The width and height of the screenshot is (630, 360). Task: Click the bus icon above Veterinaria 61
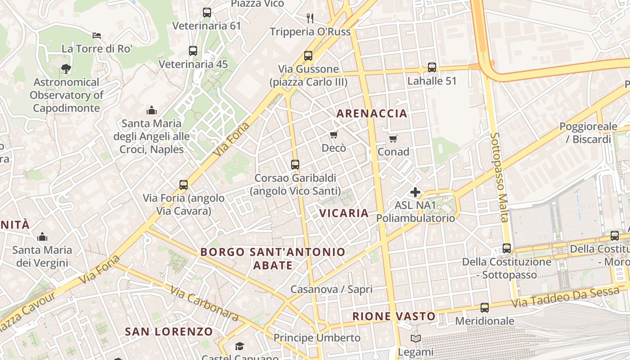(207, 13)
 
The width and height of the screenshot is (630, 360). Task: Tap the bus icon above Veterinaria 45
(193, 51)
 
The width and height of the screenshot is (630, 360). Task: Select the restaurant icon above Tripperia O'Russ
(310, 18)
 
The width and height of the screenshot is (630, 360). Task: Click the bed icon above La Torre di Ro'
(97, 36)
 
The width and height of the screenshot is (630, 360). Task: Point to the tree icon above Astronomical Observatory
(66, 69)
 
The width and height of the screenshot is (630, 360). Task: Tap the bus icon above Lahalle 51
(432, 67)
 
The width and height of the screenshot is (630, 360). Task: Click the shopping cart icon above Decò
(334, 135)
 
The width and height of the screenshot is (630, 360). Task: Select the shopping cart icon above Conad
(393, 139)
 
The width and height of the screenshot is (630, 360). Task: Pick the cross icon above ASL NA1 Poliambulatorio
(415, 193)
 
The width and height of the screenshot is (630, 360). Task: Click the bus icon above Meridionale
(484, 308)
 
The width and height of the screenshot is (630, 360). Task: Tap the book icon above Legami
(415, 338)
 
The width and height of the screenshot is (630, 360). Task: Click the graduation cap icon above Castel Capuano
(239, 346)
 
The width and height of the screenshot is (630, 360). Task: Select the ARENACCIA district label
(372, 113)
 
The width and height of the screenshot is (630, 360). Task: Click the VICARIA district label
(344, 213)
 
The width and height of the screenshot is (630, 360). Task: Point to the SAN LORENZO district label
(169, 332)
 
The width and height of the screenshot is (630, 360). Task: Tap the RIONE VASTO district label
(394, 316)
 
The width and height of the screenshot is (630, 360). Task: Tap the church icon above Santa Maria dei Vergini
(42, 236)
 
